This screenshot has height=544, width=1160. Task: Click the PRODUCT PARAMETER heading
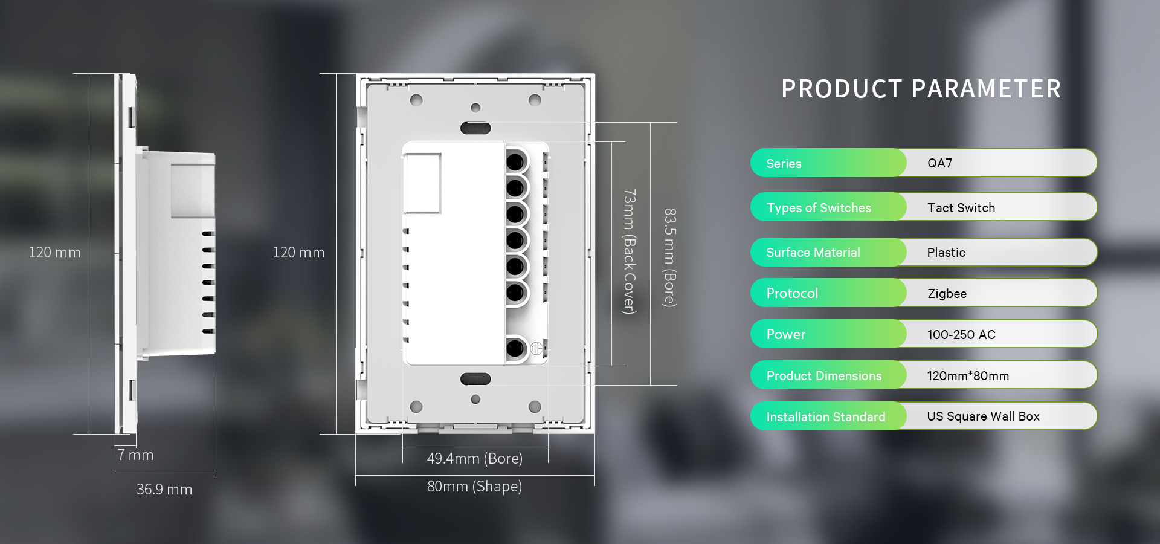[x=921, y=89]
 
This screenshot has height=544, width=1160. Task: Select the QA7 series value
[x=939, y=163]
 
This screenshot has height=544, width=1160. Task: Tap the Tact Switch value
[x=961, y=208]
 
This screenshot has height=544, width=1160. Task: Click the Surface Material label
[x=813, y=253]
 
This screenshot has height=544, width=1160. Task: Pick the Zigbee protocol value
[x=947, y=294]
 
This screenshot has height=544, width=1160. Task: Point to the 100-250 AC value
[x=961, y=335]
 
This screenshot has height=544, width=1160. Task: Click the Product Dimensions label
[x=823, y=376]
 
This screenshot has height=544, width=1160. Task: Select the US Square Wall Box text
[x=983, y=416]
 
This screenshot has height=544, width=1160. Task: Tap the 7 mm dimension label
[x=135, y=455]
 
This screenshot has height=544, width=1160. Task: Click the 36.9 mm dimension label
[x=164, y=490]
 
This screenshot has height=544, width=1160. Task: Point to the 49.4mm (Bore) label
[x=474, y=459]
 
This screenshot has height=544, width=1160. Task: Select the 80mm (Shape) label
[x=474, y=487]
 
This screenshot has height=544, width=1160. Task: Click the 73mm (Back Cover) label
[x=630, y=251]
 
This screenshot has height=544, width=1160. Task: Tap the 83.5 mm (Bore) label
[x=670, y=257]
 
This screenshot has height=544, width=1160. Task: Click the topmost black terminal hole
[x=515, y=161]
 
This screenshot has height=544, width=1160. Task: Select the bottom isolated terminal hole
[x=515, y=348]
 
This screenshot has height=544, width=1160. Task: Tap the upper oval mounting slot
[x=475, y=128]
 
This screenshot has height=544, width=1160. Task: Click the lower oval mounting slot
[x=475, y=379]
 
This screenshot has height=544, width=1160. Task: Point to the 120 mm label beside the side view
[x=54, y=253]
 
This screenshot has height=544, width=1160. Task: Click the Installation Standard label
[x=825, y=417]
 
